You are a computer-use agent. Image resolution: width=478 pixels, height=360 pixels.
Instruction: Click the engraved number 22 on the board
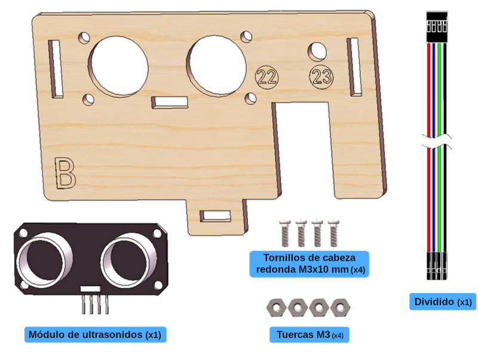(266, 77)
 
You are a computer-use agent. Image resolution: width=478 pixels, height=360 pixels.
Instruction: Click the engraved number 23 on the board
(321, 77)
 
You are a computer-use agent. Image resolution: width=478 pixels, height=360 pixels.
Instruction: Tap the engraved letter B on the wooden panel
(65, 173)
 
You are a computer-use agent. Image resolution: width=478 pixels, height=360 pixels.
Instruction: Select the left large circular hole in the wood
(118, 66)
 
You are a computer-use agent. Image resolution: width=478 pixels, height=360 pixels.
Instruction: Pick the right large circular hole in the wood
(216, 66)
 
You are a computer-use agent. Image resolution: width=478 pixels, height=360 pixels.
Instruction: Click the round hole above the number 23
(317, 51)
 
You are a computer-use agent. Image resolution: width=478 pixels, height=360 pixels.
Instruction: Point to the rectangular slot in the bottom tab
(215, 216)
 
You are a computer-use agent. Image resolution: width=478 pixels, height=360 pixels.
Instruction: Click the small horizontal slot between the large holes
(170, 102)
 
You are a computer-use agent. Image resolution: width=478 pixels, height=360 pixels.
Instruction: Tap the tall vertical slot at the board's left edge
(56, 69)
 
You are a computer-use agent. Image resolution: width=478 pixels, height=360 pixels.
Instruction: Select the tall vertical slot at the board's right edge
(354, 67)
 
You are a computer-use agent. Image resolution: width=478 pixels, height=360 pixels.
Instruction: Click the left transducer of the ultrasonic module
(45, 260)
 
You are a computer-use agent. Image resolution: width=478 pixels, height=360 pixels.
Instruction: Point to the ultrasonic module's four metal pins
(95, 304)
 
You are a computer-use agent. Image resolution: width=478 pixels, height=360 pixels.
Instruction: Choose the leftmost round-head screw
(285, 233)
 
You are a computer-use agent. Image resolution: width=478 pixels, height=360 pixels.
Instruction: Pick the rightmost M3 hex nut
(341, 307)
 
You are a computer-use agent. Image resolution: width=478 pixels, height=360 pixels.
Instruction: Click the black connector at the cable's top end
(437, 27)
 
